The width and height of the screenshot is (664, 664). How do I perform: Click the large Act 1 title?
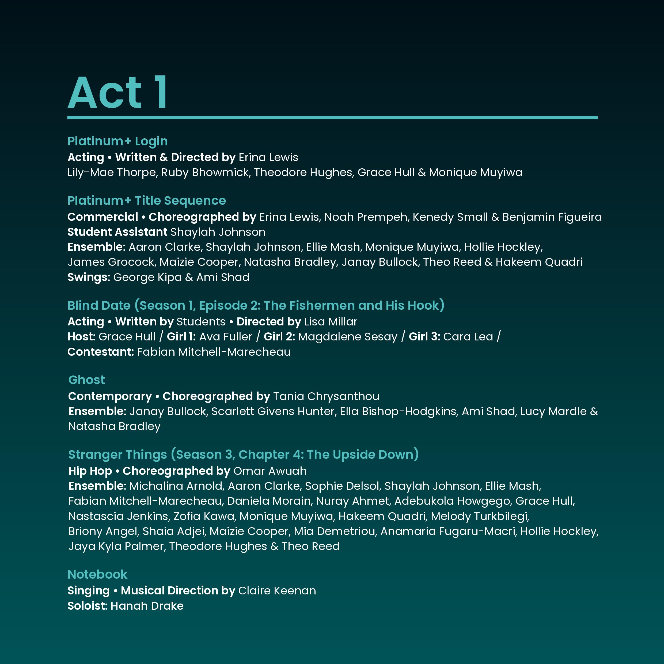[x=117, y=93]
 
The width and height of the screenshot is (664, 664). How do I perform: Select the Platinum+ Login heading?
[x=117, y=141]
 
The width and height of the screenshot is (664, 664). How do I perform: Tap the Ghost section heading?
[x=87, y=380]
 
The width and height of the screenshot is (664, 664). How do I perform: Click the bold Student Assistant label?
[x=117, y=232]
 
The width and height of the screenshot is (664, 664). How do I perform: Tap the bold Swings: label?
[x=89, y=277]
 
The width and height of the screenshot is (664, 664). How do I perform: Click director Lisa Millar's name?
[x=331, y=322]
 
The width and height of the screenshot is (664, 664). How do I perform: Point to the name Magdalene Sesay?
[x=347, y=336]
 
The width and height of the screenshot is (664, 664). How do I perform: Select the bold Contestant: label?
[x=100, y=352]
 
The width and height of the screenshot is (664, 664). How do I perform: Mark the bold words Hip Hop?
[x=90, y=471]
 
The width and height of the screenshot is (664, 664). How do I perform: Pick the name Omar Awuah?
[x=270, y=471]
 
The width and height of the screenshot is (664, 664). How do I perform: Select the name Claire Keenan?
[x=277, y=590]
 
